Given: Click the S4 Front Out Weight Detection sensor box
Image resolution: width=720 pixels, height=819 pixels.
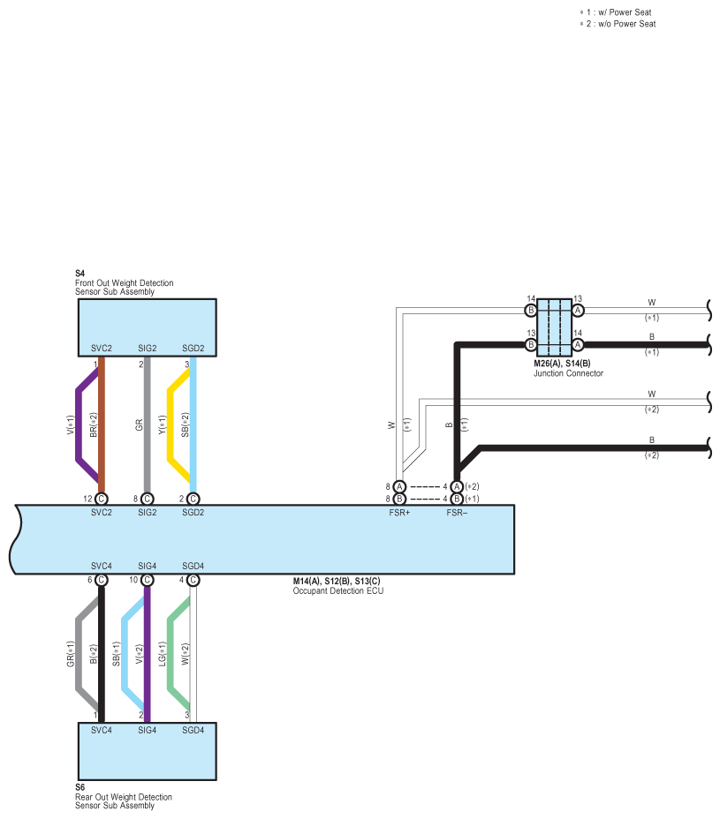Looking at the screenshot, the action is pos(147,327).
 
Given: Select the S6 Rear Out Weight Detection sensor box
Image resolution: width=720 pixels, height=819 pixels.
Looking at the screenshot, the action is pos(147,751).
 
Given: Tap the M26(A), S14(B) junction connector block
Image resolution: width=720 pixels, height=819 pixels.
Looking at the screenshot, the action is pos(554,327).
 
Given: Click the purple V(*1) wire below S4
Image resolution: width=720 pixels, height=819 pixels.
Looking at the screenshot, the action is pos(79,425).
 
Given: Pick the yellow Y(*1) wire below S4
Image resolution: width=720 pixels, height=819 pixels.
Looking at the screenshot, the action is pos(170,425).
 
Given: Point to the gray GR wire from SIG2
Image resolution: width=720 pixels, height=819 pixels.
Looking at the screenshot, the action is pos(147,425).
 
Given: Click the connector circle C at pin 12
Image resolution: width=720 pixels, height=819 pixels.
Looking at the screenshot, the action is pos(102,499).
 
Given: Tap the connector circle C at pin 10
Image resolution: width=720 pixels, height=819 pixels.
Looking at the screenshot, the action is pos(148,580).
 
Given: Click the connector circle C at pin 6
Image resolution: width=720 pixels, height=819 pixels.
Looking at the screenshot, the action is pos(102,580).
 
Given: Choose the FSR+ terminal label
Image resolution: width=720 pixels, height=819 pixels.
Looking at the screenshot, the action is pos(399,513).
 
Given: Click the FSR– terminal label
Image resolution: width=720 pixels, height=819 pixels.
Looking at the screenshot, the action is pos(457,513).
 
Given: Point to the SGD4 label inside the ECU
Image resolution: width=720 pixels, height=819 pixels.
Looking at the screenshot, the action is pos(193,567).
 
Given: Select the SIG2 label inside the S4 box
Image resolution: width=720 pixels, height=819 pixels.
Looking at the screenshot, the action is pos(147,349).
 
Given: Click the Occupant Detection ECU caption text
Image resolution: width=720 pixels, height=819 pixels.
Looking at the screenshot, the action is pos(337,590).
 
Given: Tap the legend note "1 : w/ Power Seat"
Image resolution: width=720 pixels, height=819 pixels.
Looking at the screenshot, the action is pos(616,12).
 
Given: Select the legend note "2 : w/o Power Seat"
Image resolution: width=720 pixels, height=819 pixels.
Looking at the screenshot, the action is pos(618,24).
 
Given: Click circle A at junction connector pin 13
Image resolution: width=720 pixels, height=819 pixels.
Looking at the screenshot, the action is pos(578,311).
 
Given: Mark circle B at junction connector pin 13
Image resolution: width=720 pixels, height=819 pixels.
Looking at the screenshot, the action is pos(531,345).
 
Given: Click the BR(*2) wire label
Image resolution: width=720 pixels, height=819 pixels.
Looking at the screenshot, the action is pos(94,425).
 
